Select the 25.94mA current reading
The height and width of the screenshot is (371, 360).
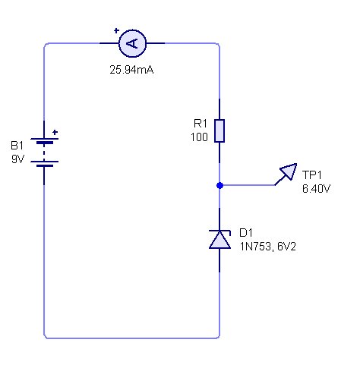click(131, 70)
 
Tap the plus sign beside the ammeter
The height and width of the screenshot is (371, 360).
click(116, 30)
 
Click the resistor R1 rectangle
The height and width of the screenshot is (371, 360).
click(219, 130)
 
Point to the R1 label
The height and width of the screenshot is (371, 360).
click(201, 124)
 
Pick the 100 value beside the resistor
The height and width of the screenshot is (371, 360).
click(199, 137)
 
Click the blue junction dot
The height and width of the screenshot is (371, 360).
click(219, 186)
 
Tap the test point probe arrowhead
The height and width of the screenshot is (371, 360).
click(289, 171)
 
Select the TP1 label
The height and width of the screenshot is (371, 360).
click(311, 174)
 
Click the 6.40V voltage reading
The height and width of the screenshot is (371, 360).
click(316, 189)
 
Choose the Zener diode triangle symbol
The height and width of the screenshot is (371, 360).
click(219, 240)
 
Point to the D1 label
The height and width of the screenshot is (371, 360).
click(246, 233)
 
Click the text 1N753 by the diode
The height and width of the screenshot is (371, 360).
click(255, 247)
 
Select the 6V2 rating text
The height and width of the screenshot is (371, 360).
click(286, 247)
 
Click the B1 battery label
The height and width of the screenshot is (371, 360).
click(17, 146)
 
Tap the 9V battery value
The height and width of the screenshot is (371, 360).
click(17, 159)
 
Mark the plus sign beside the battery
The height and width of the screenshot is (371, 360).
click(55, 132)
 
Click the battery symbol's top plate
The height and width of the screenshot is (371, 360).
click(45, 139)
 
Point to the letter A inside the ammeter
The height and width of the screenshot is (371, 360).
click(132, 43)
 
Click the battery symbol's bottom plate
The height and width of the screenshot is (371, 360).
click(45, 166)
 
